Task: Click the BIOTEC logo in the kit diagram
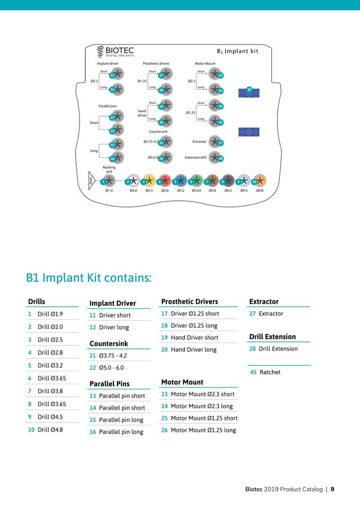115,52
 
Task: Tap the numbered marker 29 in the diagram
249,89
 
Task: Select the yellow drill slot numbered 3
148,181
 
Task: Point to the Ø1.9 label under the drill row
109,191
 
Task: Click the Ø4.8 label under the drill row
260,191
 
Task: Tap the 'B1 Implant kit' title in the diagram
237,51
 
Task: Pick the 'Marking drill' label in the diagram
109,169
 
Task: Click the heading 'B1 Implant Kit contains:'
89,278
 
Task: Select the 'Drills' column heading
37,302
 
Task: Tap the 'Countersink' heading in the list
109,344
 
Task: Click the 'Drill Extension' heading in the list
273,337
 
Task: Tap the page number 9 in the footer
332,489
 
